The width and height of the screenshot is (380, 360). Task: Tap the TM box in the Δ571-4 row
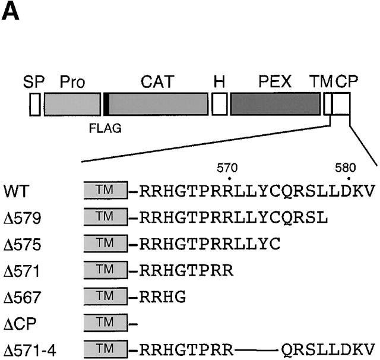tap(106, 349)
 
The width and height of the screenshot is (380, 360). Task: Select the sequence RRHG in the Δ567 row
tap(157, 296)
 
